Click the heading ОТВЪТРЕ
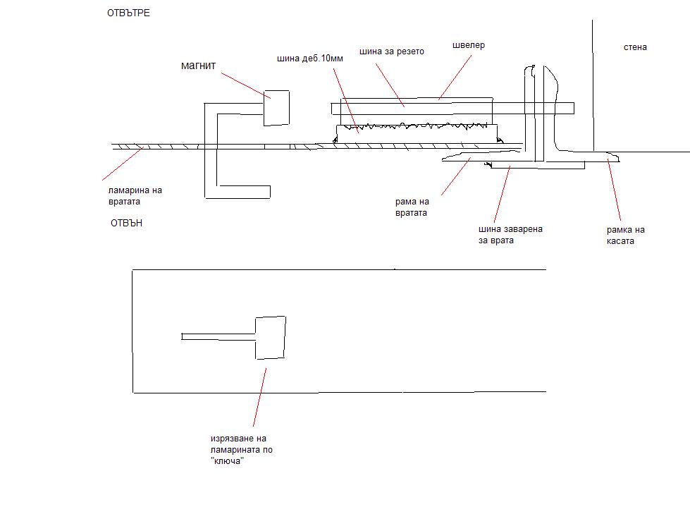tap(128, 13)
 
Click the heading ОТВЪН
tap(126, 223)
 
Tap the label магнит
tap(199, 66)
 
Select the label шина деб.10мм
tap(310, 58)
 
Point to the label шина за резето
tap(392, 51)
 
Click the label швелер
tap(469, 45)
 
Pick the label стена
tap(635, 47)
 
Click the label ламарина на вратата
tap(135, 196)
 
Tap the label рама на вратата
tap(412, 207)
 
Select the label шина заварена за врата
tap(510, 235)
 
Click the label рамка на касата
tap(625, 236)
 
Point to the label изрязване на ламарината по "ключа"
tap(242, 450)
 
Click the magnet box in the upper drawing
tap(276, 109)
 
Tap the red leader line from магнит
tap(245, 86)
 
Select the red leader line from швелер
tap(455, 77)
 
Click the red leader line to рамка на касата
tap(615, 190)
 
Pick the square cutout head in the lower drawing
tap(271, 338)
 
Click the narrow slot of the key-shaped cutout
tap(218, 336)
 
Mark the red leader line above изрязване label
tap(259, 398)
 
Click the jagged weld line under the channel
tap(416, 127)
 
